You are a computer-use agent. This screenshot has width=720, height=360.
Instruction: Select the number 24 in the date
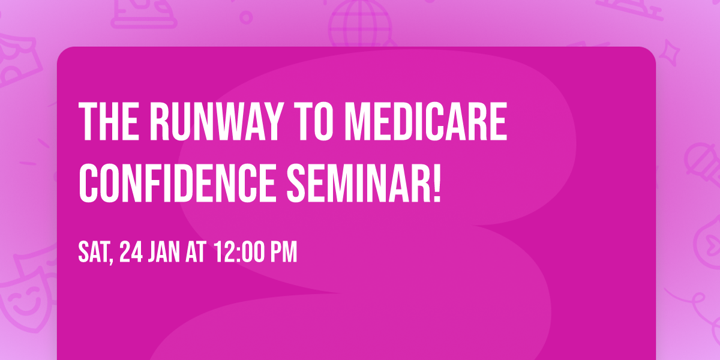click(131, 253)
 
